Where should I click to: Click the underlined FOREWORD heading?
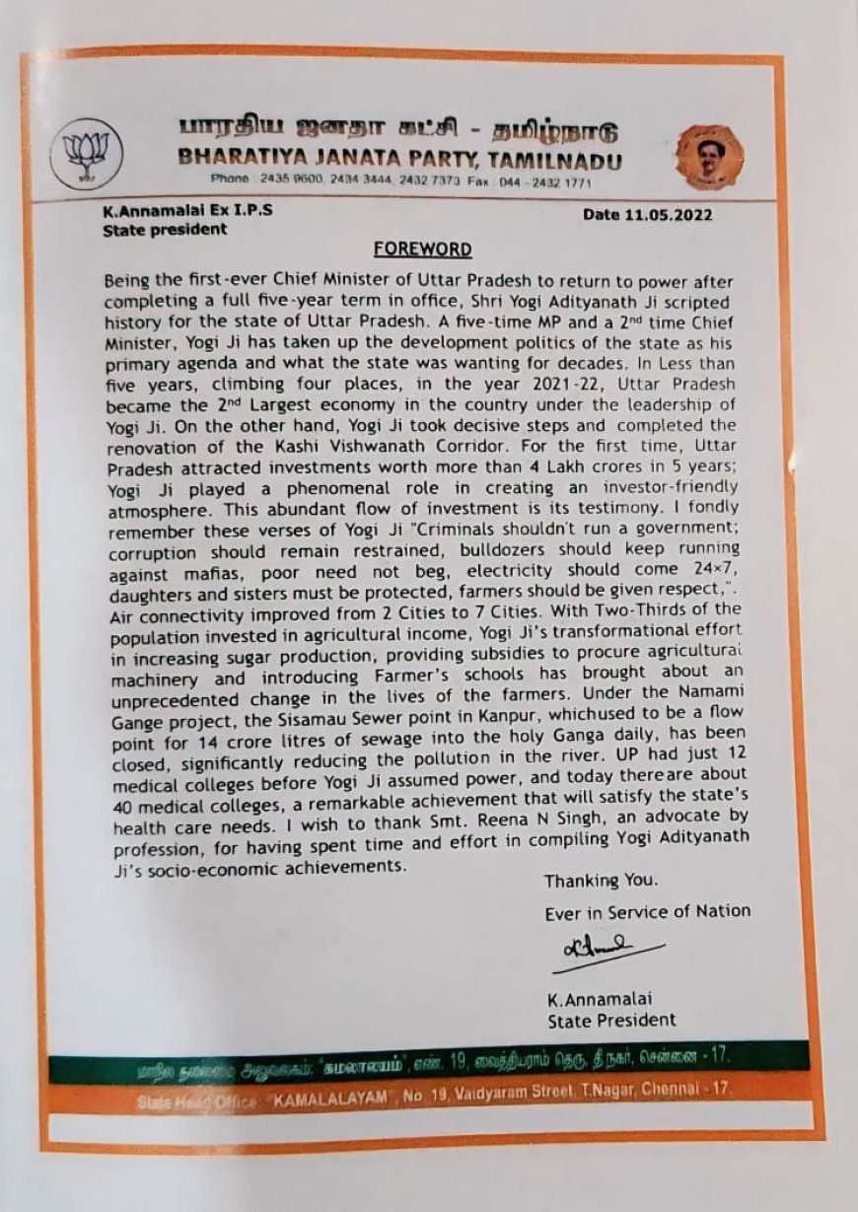(422, 249)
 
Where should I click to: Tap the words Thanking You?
(601, 880)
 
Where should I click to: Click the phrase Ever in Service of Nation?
(647, 912)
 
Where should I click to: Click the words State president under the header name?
(165, 229)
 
